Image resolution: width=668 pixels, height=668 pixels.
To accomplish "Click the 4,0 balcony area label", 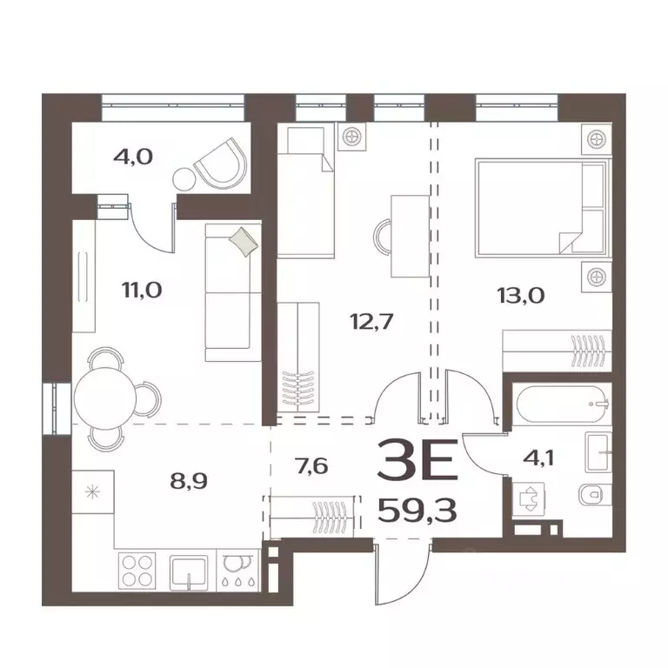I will [x=133, y=157].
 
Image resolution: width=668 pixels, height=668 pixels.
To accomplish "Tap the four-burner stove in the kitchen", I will [x=137, y=571].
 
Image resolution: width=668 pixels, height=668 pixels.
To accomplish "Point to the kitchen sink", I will [x=190, y=571].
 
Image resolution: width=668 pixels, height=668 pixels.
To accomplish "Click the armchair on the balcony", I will [x=222, y=163].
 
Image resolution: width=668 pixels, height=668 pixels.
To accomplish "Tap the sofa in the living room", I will [x=232, y=291].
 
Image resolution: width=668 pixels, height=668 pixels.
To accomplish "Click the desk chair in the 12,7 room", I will [x=385, y=235].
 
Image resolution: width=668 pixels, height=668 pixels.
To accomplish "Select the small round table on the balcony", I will [x=185, y=180].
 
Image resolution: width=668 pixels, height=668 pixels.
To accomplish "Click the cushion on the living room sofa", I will [x=244, y=241].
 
